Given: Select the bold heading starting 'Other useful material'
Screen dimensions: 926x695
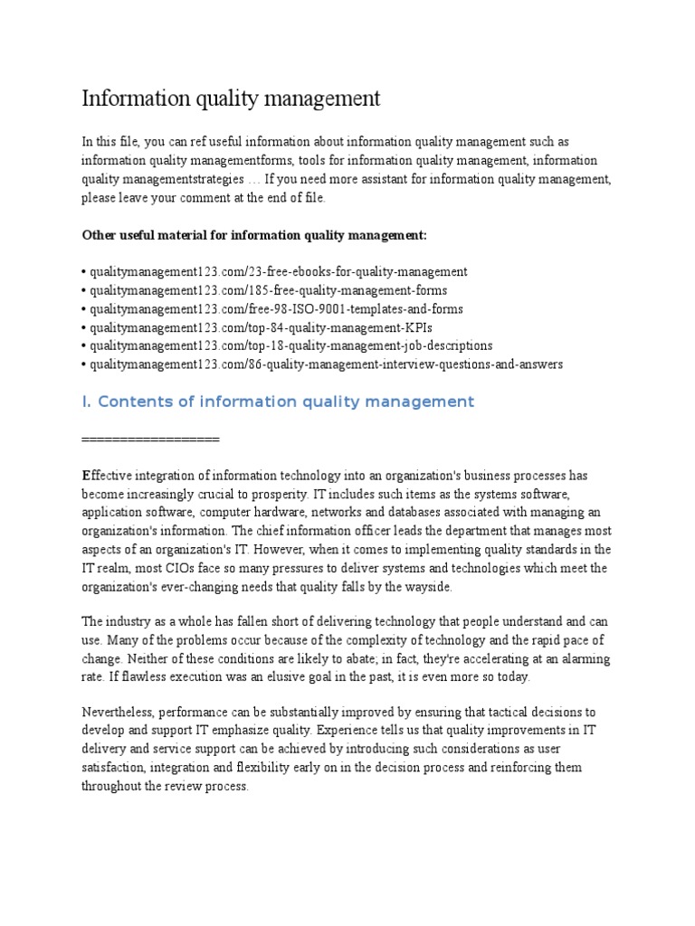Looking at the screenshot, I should (254, 235).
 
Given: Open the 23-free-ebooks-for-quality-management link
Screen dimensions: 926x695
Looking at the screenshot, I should (277, 271).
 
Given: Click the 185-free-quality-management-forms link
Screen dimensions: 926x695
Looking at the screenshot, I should (266, 290).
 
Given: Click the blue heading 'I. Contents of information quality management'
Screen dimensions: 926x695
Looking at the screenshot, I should (278, 402).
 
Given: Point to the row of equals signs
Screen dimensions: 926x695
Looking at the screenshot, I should (150, 439).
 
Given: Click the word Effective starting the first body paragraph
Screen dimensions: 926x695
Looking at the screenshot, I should (107, 476).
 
